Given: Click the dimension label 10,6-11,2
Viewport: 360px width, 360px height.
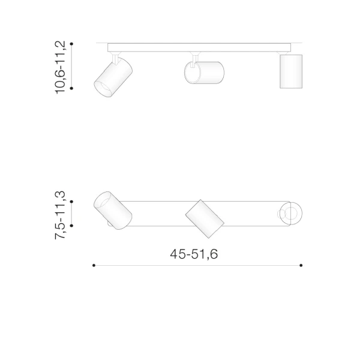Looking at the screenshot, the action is click(61, 67).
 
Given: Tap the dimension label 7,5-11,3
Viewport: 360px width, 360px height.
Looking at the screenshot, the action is click(60, 215).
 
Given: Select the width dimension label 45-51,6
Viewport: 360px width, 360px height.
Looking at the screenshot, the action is click(194, 254).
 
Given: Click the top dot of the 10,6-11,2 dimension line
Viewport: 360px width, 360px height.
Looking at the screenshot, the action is click(71, 44).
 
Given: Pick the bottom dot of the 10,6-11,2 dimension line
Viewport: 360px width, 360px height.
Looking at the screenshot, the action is click(71, 88).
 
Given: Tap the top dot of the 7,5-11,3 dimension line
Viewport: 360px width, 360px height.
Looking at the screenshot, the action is click(71, 202).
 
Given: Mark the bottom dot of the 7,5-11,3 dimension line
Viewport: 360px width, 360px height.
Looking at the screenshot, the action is click(71, 226).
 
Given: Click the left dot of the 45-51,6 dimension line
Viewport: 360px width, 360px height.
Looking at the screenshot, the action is click(94, 265).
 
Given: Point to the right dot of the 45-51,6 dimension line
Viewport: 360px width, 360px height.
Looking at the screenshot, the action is click(301, 265).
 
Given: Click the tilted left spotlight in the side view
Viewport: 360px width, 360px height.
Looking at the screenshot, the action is click(113, 77).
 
